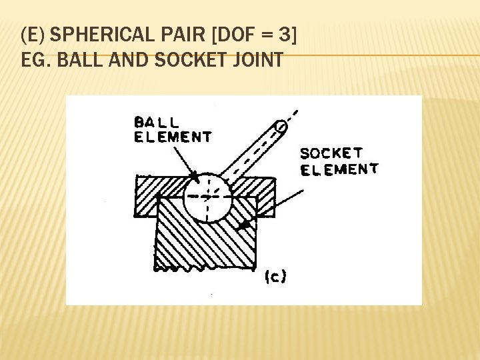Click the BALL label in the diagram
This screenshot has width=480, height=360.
click(156, 123)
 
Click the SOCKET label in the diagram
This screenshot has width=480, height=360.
click(331, 153)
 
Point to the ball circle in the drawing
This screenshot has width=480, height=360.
click(207, 198)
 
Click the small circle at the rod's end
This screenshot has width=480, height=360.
click(281, 125)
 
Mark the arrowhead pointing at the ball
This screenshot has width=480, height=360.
click(193, 176)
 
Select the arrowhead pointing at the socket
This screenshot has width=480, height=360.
click(245, 225)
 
